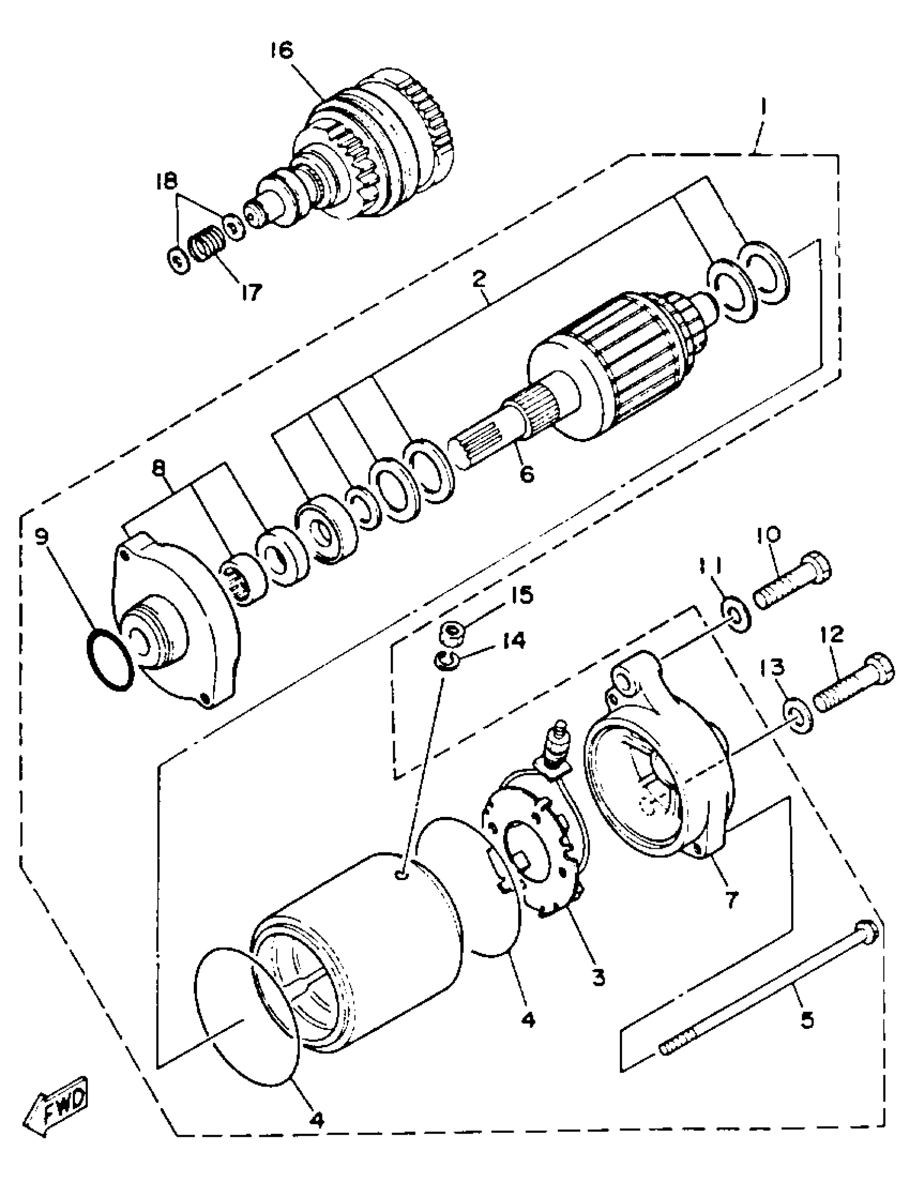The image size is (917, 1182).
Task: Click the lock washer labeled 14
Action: [446, 661]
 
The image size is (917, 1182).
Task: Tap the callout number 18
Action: [166, 181]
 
